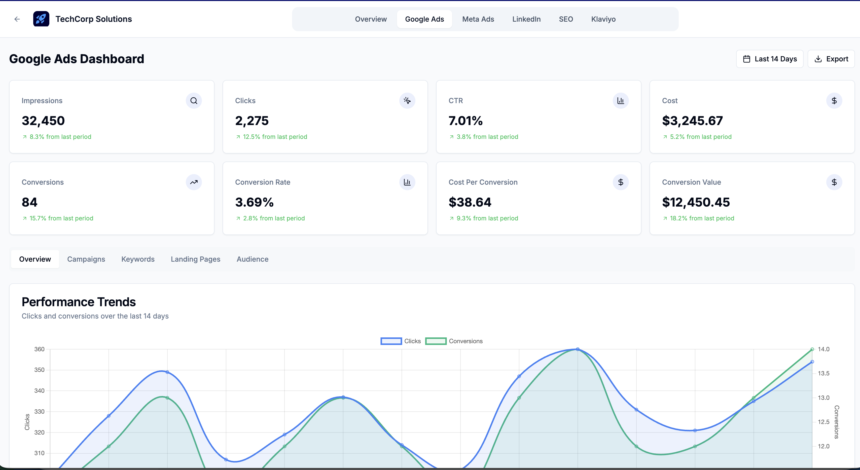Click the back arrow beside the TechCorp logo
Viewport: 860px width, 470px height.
pyautogui.click(x=17, y=19)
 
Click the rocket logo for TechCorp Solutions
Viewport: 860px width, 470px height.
pyautogui.click(x=41, y=19)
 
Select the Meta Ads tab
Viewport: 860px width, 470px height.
pyautogui.click(x=478, y=19)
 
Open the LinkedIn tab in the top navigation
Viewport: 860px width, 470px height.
pyautogui.click(x=526, y=19)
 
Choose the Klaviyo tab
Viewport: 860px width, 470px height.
pyautogui.click(x=603, y=19)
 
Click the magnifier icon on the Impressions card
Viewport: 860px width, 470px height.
pyautogui.click(x=194, y=101)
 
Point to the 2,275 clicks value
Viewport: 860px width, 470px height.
pyautogui.click(x=252, y=121)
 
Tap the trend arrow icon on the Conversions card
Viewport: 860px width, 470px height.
pyautogui.click(x=194, y=182)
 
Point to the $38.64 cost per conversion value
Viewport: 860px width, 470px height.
pyautogui.click(x=470, y=202)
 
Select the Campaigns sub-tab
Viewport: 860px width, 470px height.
pyautogui.click(x=86, y=259)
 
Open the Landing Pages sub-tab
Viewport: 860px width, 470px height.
pyautogui.click(x=195, y=259)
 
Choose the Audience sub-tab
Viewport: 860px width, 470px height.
pyautogui.click(x=253, y=259)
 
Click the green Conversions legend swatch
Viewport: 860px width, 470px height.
pyautogui.click(x=436, y=341)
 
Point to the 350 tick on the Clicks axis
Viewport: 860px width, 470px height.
pyautogui.click(x=39, y=370)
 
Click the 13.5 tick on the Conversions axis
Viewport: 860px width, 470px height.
pyautogui.click(x=823, y=373)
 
